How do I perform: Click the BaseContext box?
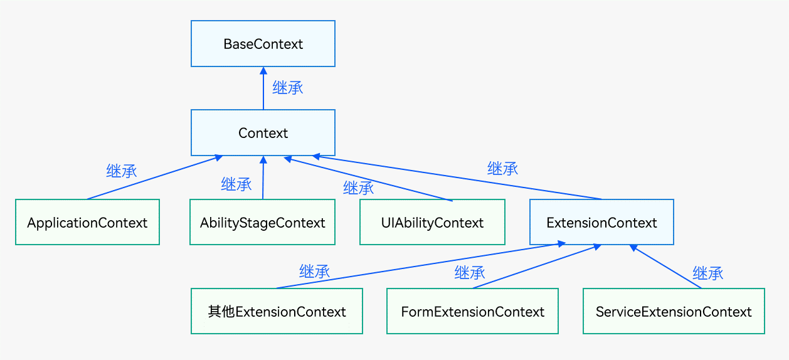pyautogui.click(x=263, y=44)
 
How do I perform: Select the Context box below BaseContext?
pyautogui.click(x=263, y=133)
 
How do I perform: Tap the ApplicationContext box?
pyautogui.click(x=87, y=223)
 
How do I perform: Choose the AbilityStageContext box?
pyautogui.click(x=263, y=223)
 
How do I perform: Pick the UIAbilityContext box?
pyautogui.click(x=432, y=223)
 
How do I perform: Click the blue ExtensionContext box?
pyautogui.click(x=601, y=223)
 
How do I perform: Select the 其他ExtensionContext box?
pyautogui.click(x=277, y=312)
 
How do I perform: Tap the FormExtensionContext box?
pyautogui.click(x=472, y=312)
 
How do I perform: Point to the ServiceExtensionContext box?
pyautogui.click(x=674, y=312)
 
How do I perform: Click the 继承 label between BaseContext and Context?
pyautogui.click(x=288, y=88)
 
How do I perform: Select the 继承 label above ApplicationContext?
pyautogui.click(x=122, y=171)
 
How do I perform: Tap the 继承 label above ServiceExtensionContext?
pyautogui.click(x=707, y=273)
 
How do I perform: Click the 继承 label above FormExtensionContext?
pyautogui.click(x=470, y=273)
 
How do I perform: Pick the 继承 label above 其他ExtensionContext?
pyautogui.click(x=315, y=272)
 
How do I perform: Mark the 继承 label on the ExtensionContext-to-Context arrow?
pyautogui.click(x=503, y=168)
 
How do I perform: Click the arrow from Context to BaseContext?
pyautogui.click(x=263, y=91)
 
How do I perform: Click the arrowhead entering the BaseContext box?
pyautogui.click(x=263, y=70)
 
